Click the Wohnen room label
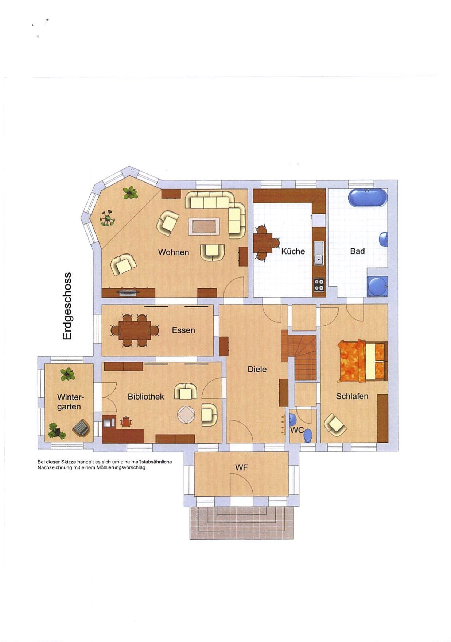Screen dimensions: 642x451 (173, 252)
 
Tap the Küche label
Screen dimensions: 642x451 (293, 251)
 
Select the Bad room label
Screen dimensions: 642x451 (357, 251)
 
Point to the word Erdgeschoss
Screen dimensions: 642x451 (67, 306)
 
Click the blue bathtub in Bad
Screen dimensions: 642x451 (367, 198)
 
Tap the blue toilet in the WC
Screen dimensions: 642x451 (308, 435)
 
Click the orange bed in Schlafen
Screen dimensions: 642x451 (362, 360)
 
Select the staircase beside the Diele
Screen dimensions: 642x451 (303, 356)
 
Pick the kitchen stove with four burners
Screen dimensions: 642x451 (319, 284)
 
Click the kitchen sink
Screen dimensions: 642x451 (319, 253)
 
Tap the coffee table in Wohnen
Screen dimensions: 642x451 (204, 226)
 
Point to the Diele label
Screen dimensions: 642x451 (257, 369)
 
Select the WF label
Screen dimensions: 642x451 (241, 467)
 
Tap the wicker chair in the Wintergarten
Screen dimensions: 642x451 (81, 428)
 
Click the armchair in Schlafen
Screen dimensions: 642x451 (335, 424)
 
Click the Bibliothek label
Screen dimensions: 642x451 (145, 397)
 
